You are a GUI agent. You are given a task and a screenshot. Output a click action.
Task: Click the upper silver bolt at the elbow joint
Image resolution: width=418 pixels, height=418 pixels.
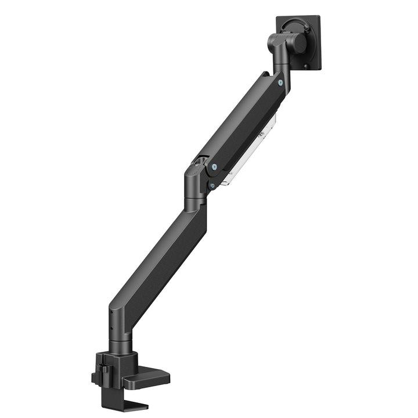tap(215, 167)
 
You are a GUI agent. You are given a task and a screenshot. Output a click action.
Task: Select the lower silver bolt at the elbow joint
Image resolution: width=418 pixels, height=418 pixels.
tap(212, 185)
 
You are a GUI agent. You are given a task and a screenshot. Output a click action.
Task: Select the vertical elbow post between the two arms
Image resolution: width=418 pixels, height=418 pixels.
tap(193, 192)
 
